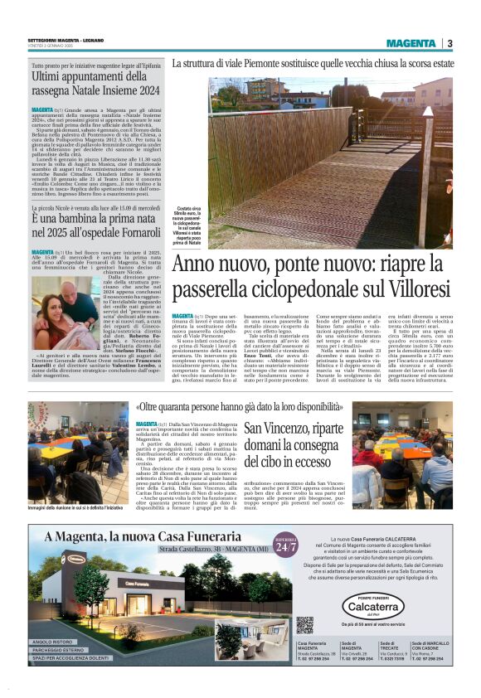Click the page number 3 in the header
[x=449, y=43]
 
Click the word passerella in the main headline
[x=222, y=288]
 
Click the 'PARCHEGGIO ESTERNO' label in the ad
[x=62, y=651]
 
